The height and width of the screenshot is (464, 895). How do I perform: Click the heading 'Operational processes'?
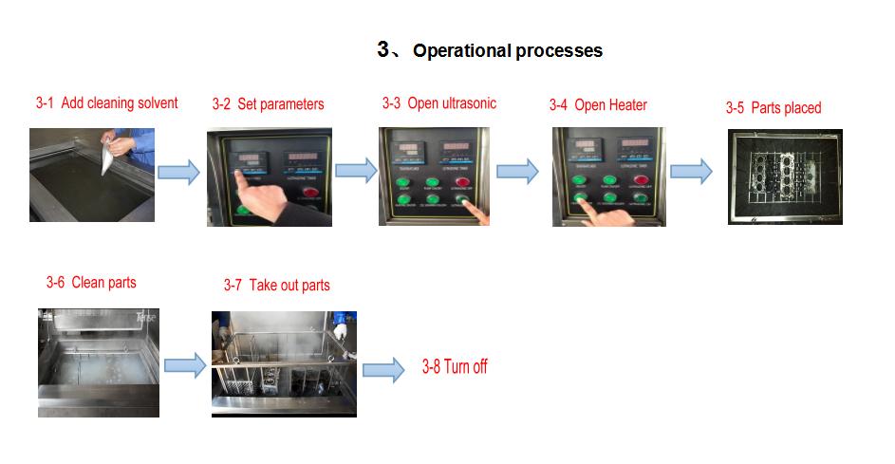507,51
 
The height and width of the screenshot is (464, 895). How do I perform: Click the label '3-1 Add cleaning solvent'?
106,103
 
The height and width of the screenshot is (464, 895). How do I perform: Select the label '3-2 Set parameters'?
268,104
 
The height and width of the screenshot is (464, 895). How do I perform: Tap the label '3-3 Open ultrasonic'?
438,103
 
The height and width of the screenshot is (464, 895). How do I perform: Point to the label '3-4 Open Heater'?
598,105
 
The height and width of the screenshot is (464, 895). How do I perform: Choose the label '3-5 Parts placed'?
773,108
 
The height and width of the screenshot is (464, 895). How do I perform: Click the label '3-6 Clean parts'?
91,283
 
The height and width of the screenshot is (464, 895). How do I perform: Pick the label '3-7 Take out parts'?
276,286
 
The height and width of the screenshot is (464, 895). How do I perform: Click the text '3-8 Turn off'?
455,367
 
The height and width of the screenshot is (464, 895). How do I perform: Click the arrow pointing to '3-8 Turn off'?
383,369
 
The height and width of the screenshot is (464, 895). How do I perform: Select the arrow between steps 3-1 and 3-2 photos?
178,172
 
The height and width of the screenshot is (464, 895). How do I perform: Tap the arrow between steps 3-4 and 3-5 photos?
691,172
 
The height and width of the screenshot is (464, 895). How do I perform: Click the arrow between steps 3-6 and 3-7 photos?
185,365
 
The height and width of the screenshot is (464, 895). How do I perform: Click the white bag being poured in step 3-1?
117,153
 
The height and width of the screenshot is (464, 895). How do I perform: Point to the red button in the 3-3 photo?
462,182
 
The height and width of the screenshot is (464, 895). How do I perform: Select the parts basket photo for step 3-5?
785,176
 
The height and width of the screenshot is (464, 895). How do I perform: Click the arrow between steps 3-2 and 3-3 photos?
355,172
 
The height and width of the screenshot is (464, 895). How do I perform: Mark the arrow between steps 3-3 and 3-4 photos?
517,172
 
